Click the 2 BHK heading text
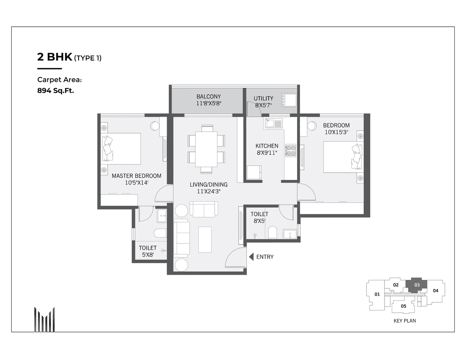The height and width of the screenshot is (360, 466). pyautogui.click(x=55, y=57)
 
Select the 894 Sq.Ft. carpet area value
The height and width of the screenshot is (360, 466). pyautogui.click(x=55, y=91)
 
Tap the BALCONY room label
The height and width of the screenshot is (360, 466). pyautogui.click(x=209, y=96)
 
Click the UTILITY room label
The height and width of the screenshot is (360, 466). pyautogui.click(x=263, y=98)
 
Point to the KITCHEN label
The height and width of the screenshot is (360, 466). pyautogui.click(x=266, y=146)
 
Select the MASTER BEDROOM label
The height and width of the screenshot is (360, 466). pyautogui.click(x=136, y=176)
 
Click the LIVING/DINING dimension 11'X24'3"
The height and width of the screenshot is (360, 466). pyautogui.click(x=209, y=191)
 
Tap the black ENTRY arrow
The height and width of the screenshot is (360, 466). pyautogui.click(x=251, y=257)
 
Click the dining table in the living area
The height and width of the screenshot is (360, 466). pyautogui.click(x=206, y=149)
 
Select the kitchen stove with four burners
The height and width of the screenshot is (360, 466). pyautogui.click(x=290, y=151)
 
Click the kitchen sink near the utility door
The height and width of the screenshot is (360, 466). pyautogui.click(x=273, y=123)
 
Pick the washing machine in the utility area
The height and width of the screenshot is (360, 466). pyautogui.click(x=288, y=100)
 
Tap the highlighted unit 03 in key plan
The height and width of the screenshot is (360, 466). pyautogui.click(x=417, y=285)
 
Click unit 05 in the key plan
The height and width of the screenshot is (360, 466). pyautogui.click(x=403, y=306)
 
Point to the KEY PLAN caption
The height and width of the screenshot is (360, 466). pyautogui.click(x=404, y=321)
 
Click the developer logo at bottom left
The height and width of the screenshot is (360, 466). pyautogui.click(x=44, y=319)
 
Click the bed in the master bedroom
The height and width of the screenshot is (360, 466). pyautogui.click(x=122, y=149)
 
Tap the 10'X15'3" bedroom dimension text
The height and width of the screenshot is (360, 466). pyautogui.click(x=336, y=132)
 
